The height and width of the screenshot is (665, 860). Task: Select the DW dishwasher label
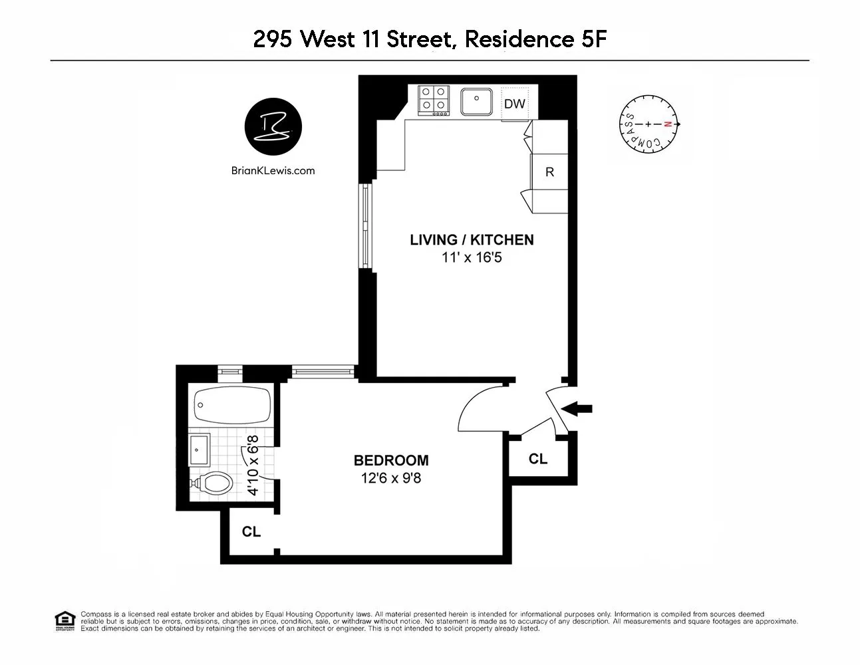514,104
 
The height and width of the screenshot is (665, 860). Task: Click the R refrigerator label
549,172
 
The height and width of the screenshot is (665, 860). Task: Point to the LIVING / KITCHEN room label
472,240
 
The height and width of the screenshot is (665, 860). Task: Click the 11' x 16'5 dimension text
472,257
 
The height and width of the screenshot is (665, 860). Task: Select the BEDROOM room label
390,460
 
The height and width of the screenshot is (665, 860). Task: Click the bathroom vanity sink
200,450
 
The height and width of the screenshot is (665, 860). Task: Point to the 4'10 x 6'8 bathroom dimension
253,465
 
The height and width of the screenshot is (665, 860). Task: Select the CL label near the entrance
537,459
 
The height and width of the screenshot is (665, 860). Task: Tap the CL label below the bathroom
251,532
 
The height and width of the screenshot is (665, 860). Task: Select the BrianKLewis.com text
273,170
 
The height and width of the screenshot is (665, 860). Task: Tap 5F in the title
590,39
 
